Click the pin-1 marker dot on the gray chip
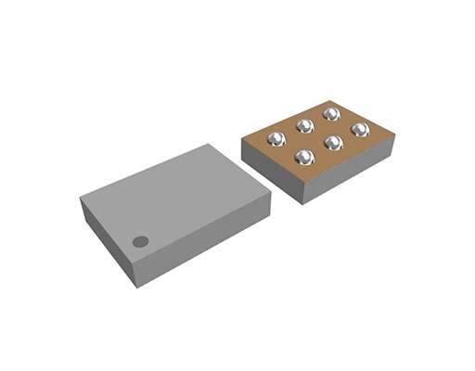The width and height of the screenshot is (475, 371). coord(140,241)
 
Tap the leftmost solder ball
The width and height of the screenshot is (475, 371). coord(276,140)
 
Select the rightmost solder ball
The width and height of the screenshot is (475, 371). coord(360,130)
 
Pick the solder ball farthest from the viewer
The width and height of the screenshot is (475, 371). coord(330,114)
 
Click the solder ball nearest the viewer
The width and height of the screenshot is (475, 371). coord(304,157)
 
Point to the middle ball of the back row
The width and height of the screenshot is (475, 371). coord(303,126)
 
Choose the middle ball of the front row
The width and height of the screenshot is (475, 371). coord(333,143)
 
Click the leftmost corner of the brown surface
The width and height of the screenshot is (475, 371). coord(242,140)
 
